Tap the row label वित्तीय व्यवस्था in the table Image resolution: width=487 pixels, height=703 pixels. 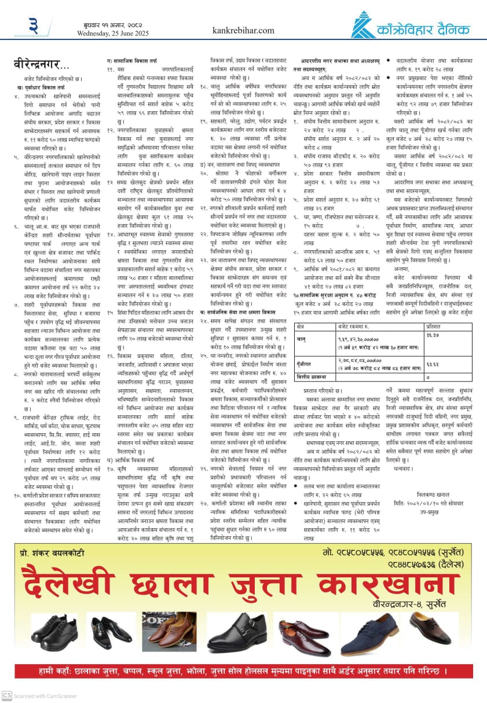tap(312, 377)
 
